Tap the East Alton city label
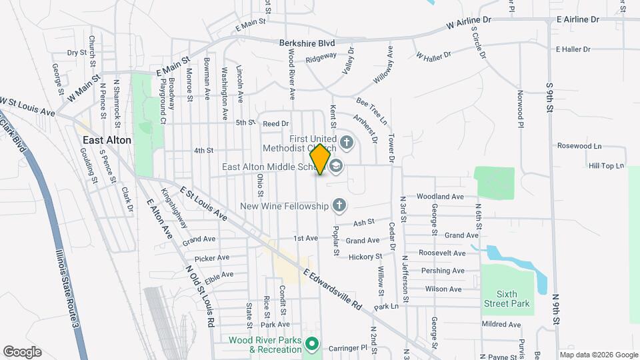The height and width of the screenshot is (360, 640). coord(107,140)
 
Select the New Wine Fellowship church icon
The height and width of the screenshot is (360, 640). coord(339,205)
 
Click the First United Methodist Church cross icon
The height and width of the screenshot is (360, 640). coord(346,142)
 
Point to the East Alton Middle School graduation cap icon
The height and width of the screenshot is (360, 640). coord(336,167)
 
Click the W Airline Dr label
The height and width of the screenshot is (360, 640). coord(469,22)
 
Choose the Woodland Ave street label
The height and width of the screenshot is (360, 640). coord(440,197)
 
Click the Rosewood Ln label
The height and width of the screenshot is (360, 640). coord(579,146)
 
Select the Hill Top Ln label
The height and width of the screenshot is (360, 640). coord(606,165)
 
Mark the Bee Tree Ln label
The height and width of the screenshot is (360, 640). coord(371,111)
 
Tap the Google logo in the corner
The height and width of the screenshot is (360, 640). coord(22,351)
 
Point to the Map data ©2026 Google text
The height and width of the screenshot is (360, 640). coord(598,355)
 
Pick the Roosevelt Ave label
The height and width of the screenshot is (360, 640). coord(442,253)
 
